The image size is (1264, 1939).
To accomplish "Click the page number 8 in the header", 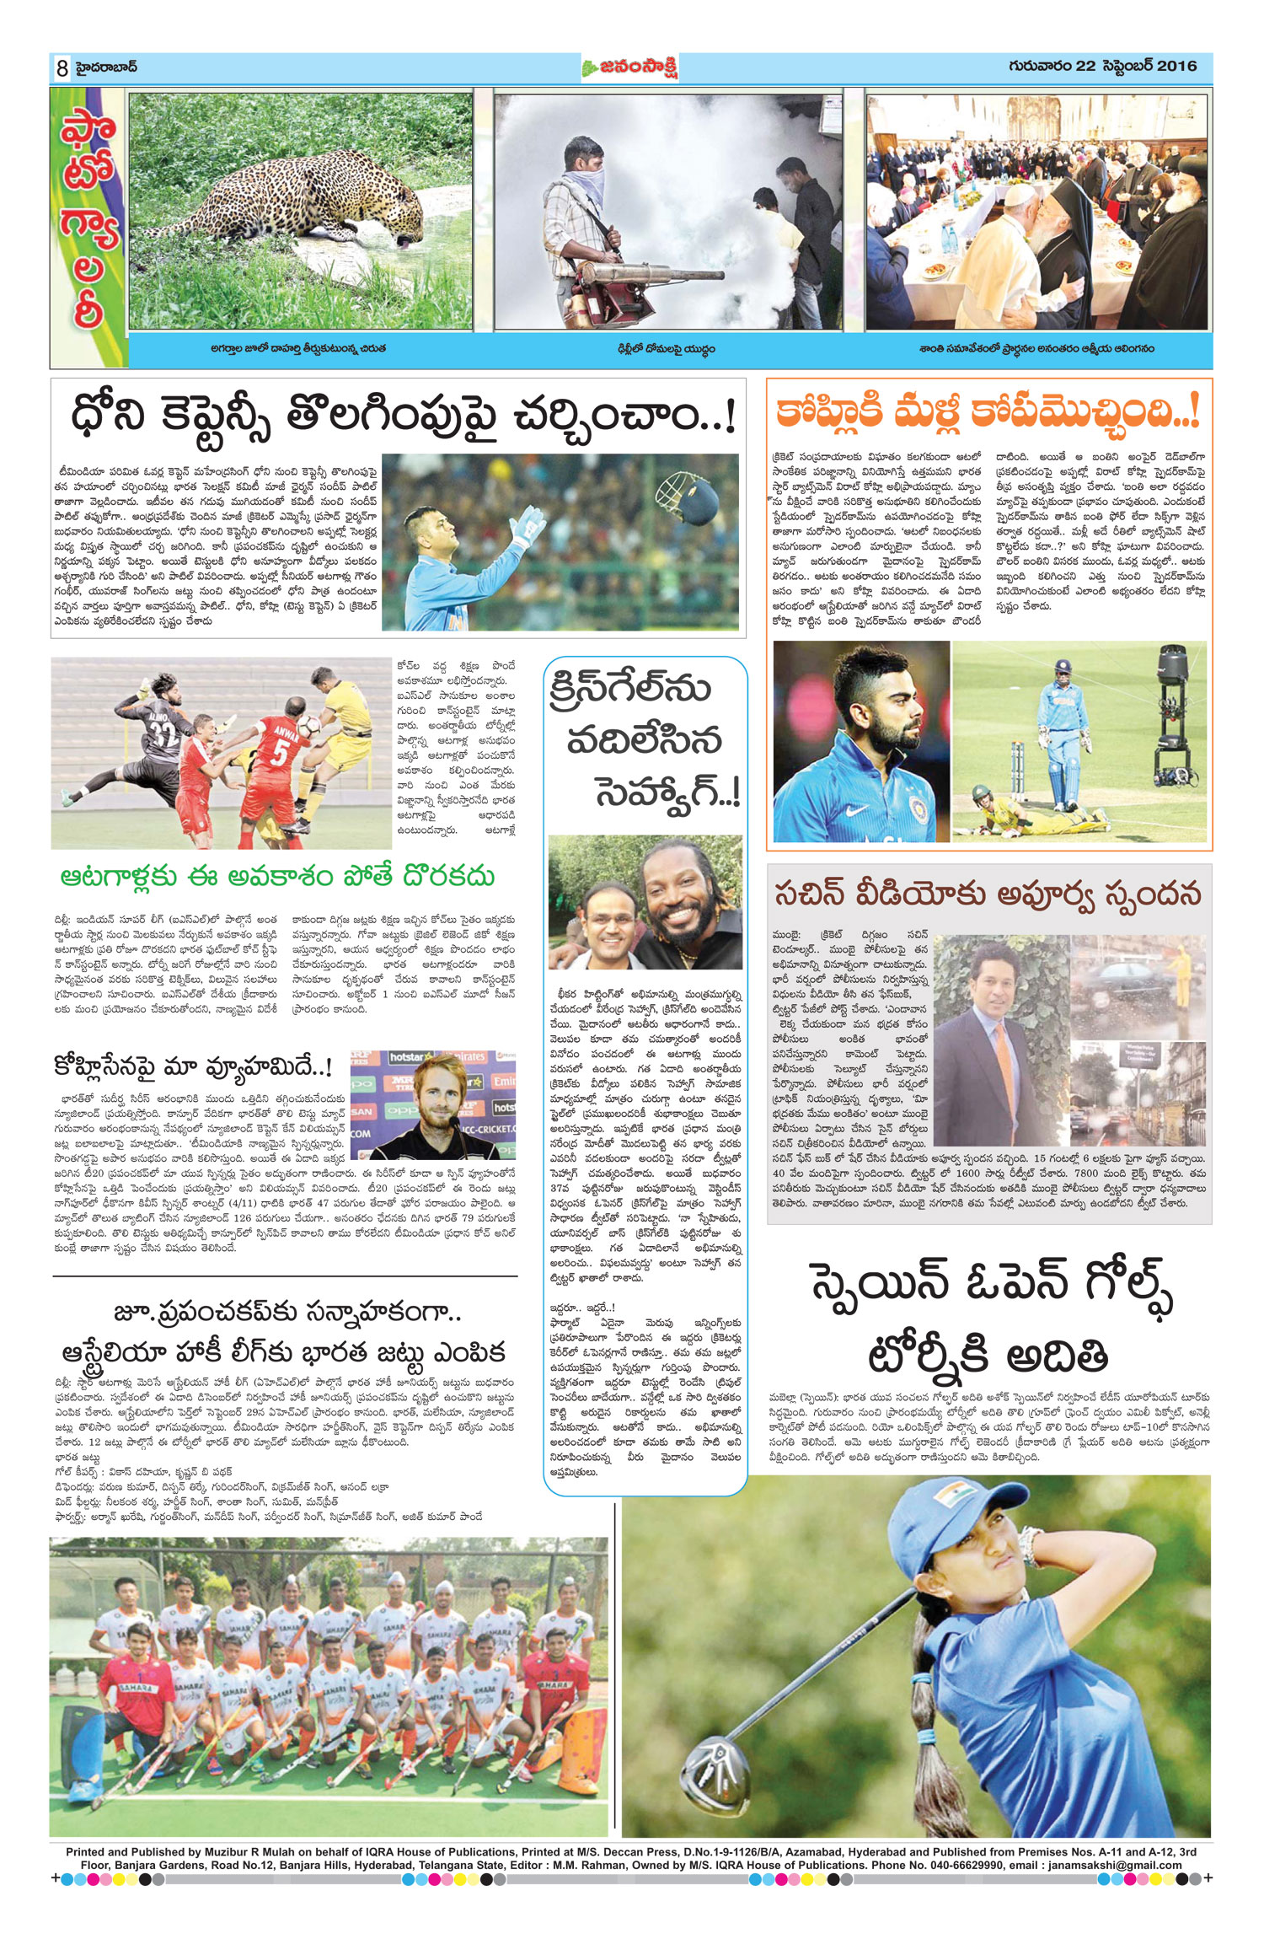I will [62, 68].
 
